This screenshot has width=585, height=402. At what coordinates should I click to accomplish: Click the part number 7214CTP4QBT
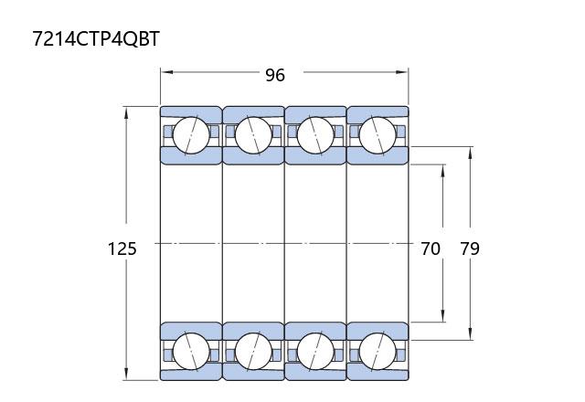(x=96, y=38)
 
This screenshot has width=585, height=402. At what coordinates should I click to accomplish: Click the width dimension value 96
(x=275, y=75)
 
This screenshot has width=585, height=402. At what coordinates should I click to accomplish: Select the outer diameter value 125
(x=122, y=249)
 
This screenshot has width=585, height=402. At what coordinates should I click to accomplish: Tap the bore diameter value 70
(x=431, y=249)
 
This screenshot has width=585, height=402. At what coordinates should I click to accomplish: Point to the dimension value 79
(x=470, y=249)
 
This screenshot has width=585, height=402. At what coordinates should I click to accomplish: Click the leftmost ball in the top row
(x=191, y=135)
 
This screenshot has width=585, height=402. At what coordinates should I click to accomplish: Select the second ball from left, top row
(x=253, y=135)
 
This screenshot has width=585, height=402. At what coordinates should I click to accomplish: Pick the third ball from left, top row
(x=315, y=135)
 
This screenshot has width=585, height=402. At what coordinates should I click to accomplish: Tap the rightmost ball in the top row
(x=378, y=135)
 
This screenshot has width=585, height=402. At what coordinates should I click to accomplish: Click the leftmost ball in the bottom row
(x=191, y=351)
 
